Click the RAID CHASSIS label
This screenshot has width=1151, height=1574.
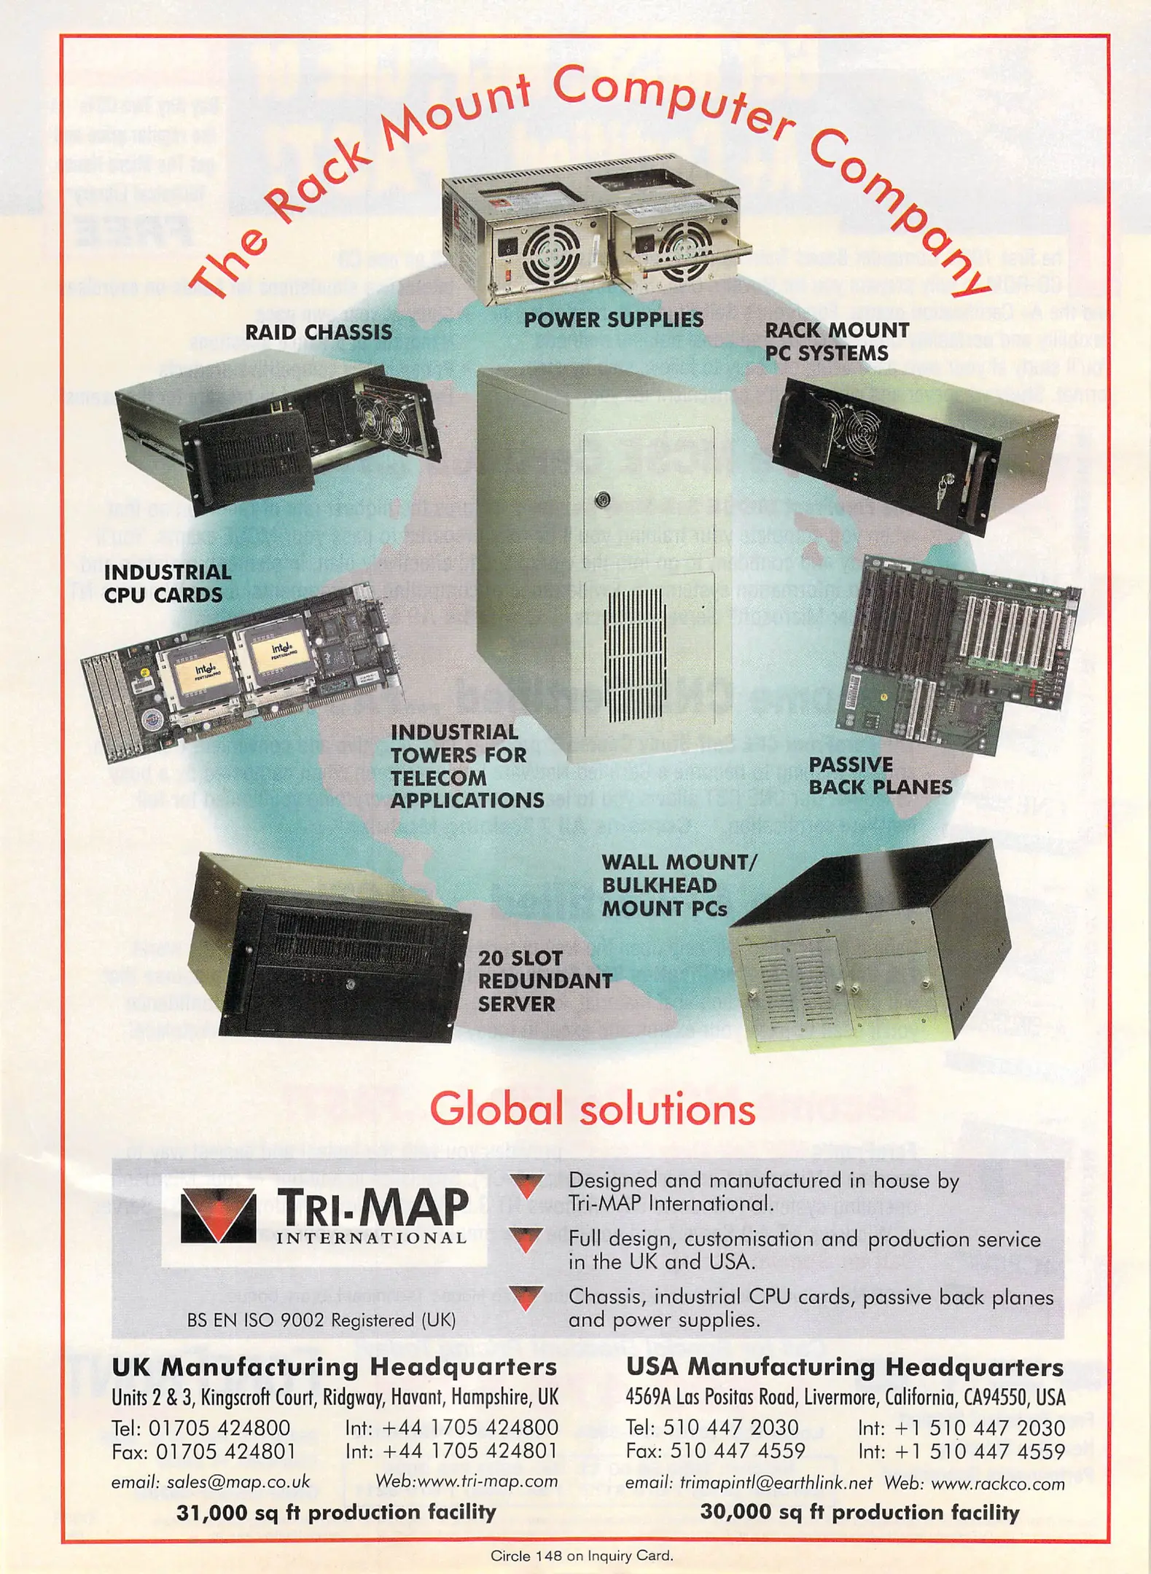point(318,332)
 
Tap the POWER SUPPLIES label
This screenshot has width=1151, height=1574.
point(613,320)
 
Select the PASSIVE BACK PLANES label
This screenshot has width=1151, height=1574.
point(880,776)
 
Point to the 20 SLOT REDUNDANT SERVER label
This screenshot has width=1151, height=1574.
point(544,981)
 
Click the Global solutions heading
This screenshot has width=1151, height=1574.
point(592,1110)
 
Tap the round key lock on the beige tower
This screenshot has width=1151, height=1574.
point(602,501)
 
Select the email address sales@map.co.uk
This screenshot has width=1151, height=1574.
point(211,1481)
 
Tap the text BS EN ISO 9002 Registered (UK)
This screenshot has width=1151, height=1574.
point(321,1320)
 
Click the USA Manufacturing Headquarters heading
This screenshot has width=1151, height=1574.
point(844,1368)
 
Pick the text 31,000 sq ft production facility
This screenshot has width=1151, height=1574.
point(335,1512)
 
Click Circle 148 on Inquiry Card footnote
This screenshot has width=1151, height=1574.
point(581,1556)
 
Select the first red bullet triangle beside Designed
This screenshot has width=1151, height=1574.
point(526,1186)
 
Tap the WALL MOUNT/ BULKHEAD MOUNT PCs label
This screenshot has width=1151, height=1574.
point(678,885)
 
